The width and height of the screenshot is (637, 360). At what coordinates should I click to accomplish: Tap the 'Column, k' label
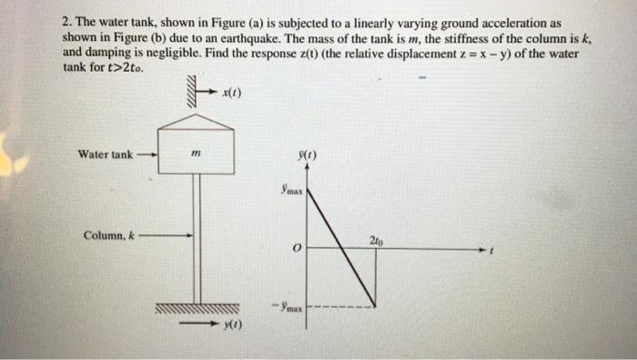coord(108,235)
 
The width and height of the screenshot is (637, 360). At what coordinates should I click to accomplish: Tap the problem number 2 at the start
coord(66,21)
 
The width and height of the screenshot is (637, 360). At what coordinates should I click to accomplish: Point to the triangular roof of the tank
coord(197,116)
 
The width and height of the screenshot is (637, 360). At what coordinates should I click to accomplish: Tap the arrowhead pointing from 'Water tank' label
coord(155,155)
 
